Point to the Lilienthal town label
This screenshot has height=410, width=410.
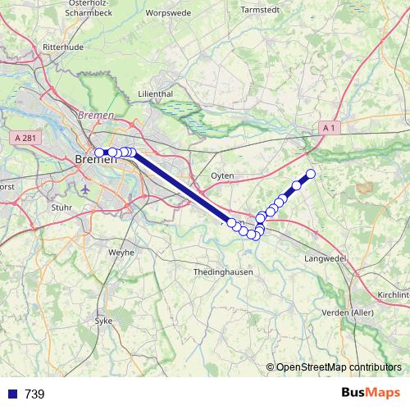(x=156, y=94)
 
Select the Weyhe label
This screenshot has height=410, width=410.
(x=121, y=253)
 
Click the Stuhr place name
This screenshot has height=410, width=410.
(x=61, y=208)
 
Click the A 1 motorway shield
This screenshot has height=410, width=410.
(x=330, y=128)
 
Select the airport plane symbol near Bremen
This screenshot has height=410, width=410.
(x=87, y=189)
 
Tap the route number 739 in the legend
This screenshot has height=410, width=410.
(x=34, y=394)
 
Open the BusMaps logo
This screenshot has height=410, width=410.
(x=370, y=393)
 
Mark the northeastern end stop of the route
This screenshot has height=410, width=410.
(x=311, y=173)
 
